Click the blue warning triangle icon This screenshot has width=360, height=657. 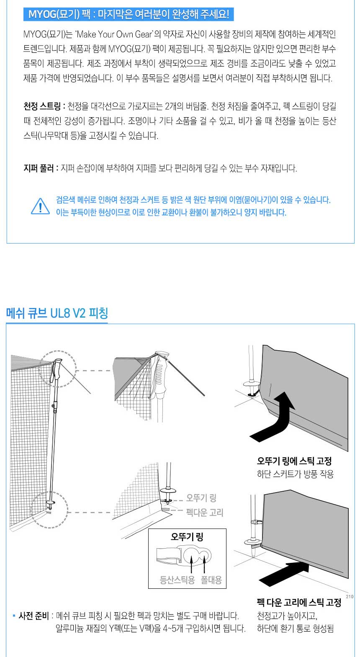click(x=40, y=206)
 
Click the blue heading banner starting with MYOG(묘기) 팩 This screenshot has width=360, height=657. click(x=129, y=14)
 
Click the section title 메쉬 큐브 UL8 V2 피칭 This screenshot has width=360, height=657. click(x=57, y=313)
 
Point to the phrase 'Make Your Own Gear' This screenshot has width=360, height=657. click(x=114, y=34)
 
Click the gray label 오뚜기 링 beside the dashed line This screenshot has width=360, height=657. click(x=201, y=498)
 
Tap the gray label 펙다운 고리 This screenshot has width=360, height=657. click(x=205, y=512)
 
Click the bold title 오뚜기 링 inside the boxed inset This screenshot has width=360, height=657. click(x=187, y=537)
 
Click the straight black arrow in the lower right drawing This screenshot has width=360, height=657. click(x=284, y=574)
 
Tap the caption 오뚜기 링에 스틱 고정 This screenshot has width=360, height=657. click(x=294, y=461)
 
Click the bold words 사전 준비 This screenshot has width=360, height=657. click(x=33, y=616)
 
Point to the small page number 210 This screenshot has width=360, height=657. click(x=350, y=597)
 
